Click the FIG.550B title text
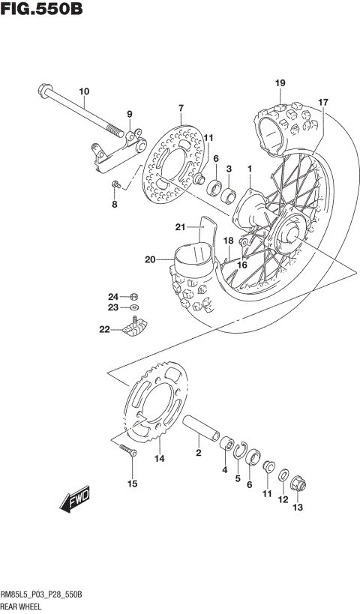(42, 10)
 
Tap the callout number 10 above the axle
(83, 92)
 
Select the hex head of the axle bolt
(42, 92)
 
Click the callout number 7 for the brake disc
(180, 109)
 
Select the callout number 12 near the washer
(283, 499)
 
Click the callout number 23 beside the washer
(112, 307)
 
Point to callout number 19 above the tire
(280, 82)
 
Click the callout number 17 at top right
(323, 102)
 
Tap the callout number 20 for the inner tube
(150, 260)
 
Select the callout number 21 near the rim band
(180, 227)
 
